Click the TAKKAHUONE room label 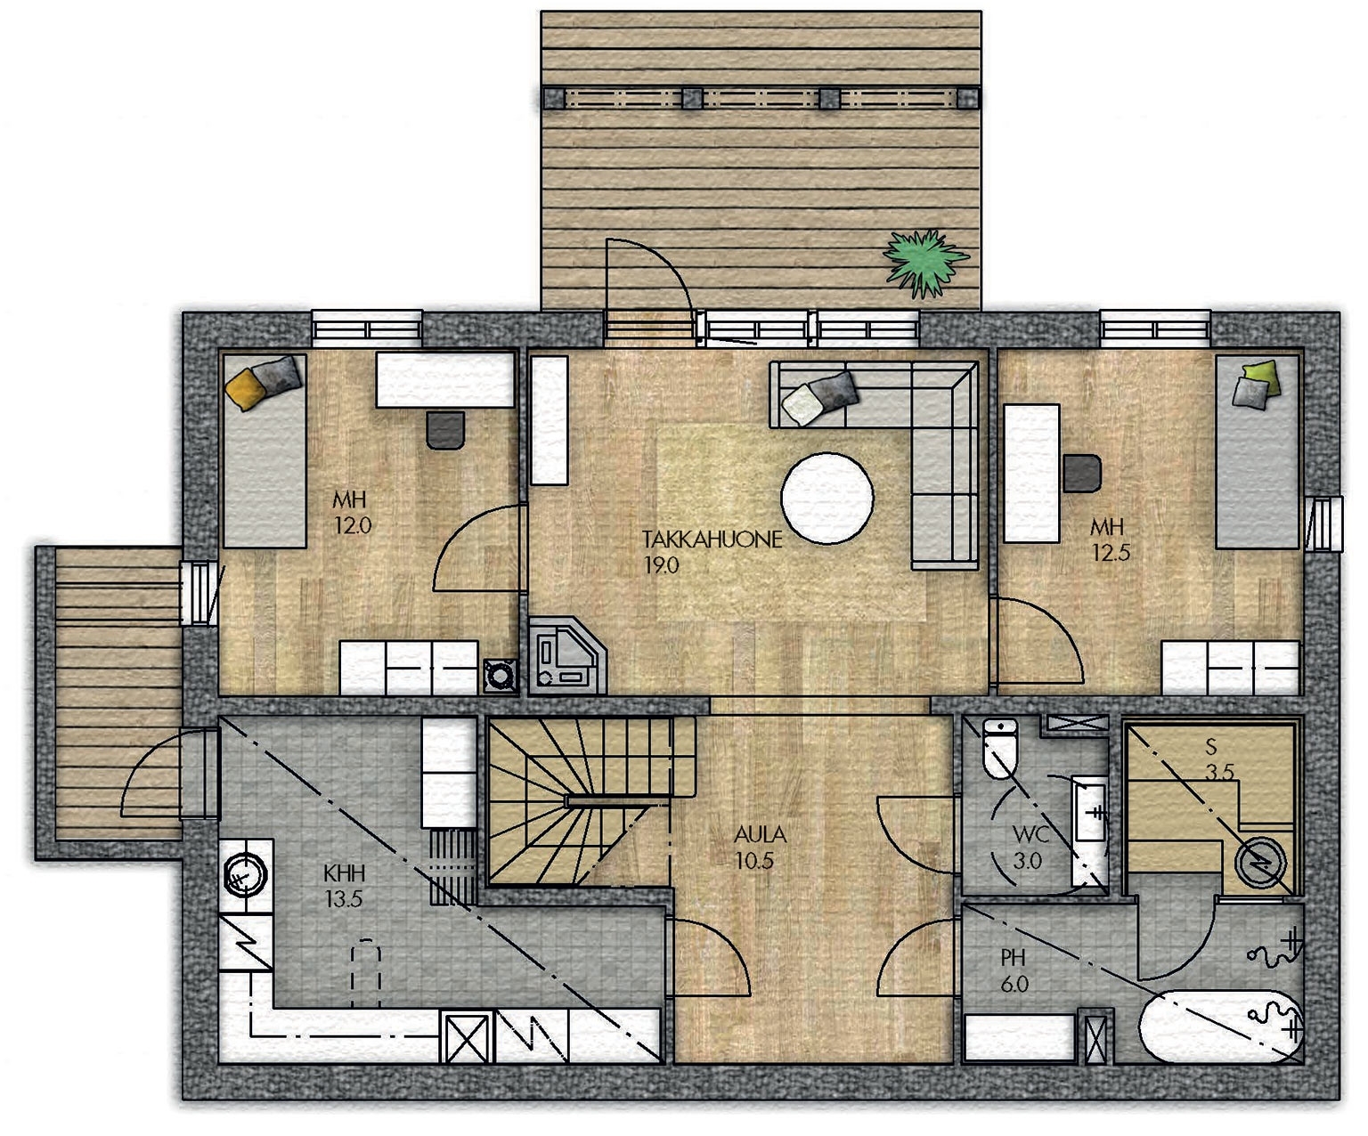(712, 540)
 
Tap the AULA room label (760, 834)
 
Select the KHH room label (344, 873)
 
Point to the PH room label (1013, 958)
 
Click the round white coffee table (826, 498)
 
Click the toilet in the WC (1000, 748)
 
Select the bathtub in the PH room (1221, 1026)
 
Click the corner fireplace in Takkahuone (566, 655)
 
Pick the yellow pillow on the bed (244, 389)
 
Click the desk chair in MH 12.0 (445, 430)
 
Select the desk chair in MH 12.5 (1082, 473)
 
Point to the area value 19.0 (661, 565)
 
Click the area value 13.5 (343, 899)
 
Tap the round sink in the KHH (246, 875)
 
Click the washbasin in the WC (1090, 812)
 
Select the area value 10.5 (754, 861)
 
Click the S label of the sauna (1210, 745)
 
